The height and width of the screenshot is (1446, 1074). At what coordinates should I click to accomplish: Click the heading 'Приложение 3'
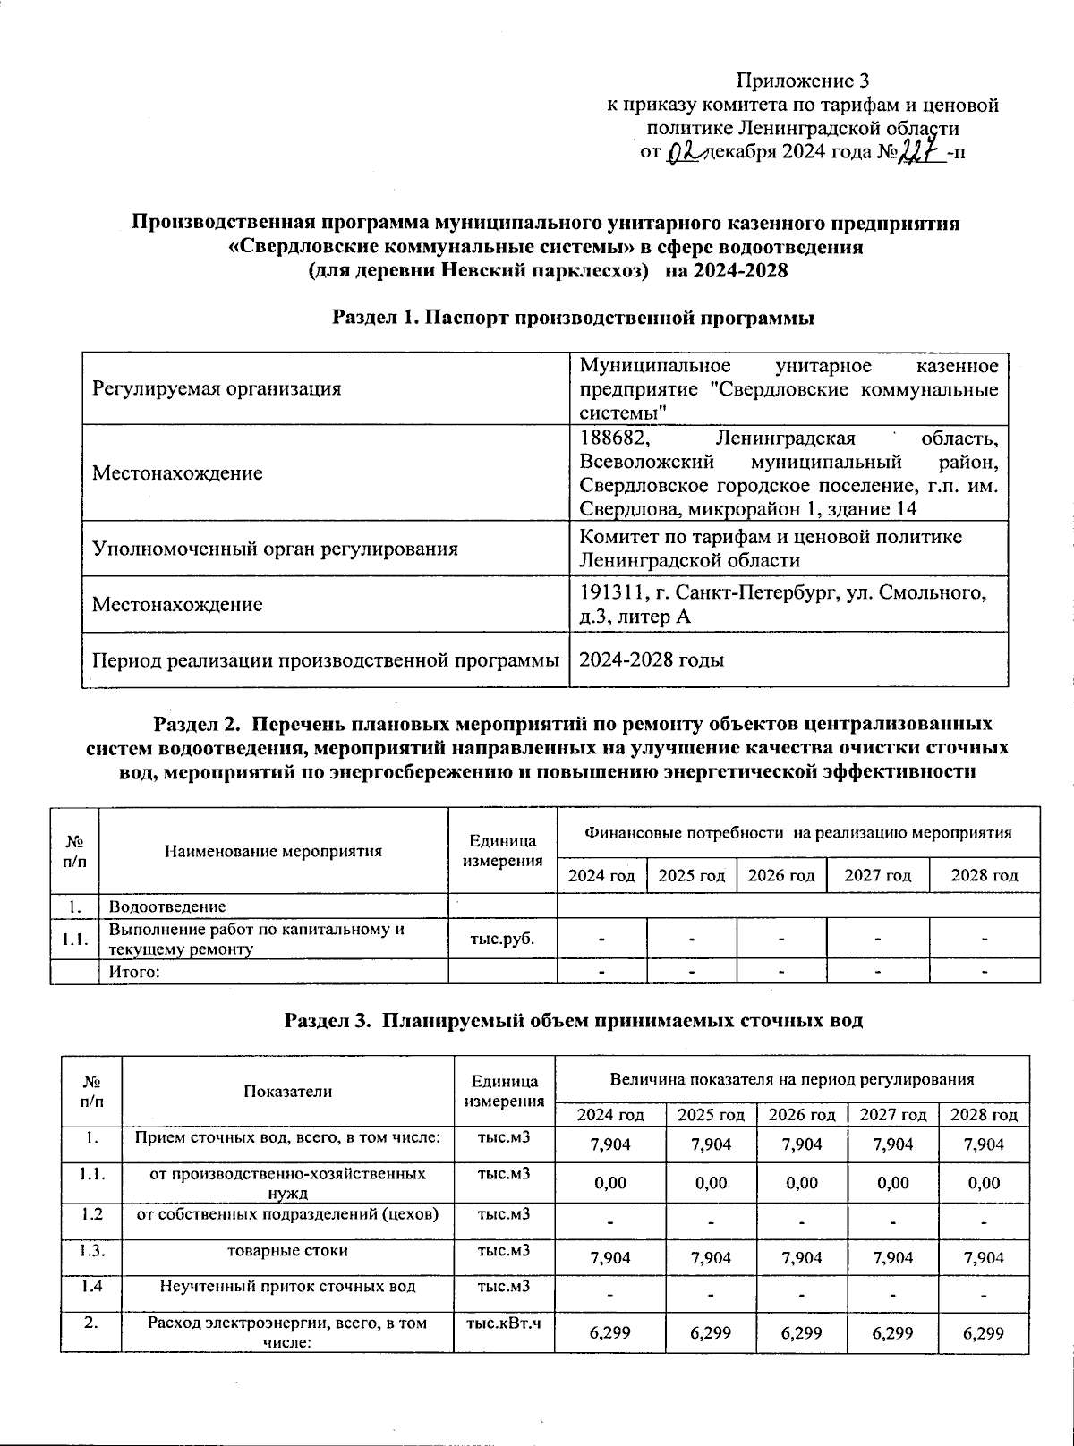(802, 81)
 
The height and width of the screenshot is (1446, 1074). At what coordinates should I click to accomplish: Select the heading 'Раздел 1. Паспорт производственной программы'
(573, 318)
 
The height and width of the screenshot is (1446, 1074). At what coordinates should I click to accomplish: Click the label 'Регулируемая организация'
(217, 388)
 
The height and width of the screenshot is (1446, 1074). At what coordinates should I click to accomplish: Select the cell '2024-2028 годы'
(652, 660)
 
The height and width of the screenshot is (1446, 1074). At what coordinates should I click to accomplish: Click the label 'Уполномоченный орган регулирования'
(275, 549)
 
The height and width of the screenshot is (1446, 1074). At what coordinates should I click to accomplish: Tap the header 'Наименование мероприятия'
(273, 851)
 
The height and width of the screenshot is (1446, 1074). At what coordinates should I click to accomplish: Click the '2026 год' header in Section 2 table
(781, 875)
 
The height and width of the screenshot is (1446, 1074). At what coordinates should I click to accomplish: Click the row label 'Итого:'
(133, 972)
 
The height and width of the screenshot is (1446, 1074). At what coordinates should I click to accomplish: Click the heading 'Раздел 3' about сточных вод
(573, 1020)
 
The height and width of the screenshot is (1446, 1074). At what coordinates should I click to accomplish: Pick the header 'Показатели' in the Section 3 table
(288, 1091)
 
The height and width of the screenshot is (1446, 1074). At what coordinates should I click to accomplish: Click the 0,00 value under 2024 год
(610, 1183)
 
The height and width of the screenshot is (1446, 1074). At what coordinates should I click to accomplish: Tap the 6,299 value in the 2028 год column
(984, 1332)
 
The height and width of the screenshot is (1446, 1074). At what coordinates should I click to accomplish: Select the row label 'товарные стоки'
(288, 1251)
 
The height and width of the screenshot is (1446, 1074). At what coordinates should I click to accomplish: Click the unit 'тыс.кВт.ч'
(504, 1323)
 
